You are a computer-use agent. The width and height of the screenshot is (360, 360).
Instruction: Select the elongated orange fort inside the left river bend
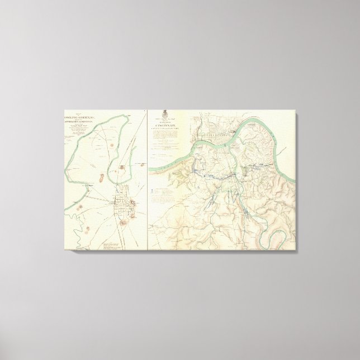point(101,178)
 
